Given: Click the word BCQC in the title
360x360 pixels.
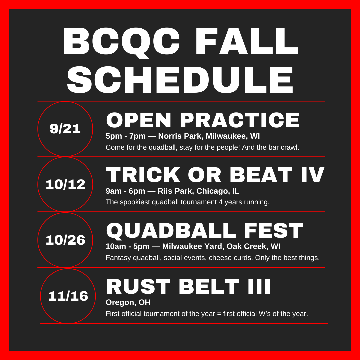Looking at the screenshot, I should point(121,41).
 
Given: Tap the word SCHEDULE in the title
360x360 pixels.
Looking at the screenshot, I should point(180,80).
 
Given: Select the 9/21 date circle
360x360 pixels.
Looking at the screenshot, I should point(65,129).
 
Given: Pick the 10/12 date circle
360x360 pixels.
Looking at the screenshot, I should point(65,184).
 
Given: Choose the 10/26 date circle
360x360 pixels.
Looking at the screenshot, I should point(65,240).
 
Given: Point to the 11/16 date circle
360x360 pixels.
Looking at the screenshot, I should point(68,296).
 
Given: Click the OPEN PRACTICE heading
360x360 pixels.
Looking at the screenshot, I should point(203,120).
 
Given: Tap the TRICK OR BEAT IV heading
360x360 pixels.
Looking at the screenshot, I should point(215,175).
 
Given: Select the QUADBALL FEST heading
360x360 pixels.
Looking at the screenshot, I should point(204,231).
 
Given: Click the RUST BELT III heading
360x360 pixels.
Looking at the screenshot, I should point(188,287).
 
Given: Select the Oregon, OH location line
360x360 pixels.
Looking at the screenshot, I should point(128,302).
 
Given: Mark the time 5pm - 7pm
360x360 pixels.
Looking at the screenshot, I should point(126,136).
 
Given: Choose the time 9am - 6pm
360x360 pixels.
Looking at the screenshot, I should point(125,191).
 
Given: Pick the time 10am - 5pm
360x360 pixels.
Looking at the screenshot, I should point(128,247).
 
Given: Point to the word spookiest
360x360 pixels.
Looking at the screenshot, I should point(134,202).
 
